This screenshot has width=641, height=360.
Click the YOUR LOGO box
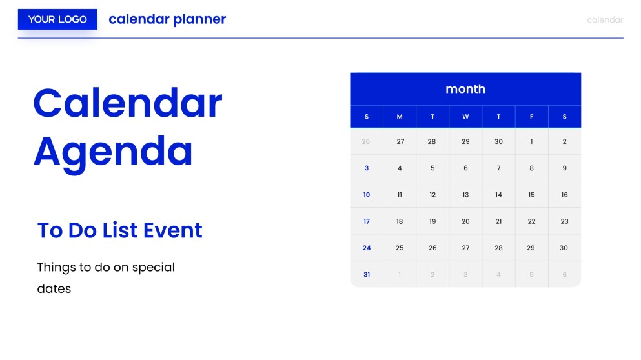coord(57,19)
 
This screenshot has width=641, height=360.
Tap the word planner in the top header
coord(199,19)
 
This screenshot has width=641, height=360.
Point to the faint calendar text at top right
coord(605,20)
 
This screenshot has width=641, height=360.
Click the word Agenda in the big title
coord(113,151)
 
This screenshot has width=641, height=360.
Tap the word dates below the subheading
coord(54,288)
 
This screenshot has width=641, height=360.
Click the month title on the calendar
coord(465,89)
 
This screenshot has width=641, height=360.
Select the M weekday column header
coord(400,117)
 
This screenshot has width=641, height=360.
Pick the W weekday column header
coord(465,117)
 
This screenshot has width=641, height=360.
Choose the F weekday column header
coord(531,117)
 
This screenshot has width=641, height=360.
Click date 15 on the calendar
coord(531,195)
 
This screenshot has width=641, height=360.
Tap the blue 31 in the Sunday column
coord(367,274)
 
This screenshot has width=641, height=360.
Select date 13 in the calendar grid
coord(465,195)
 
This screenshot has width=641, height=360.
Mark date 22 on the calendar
coord(531,221)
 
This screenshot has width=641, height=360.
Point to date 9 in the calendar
coord(564,168)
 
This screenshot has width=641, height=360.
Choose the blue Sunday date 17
coord(367,221)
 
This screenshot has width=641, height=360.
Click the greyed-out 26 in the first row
coord(367,142)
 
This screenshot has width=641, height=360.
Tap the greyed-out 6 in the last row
coord(564,274)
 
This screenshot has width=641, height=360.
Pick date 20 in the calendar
coord(465,221)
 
